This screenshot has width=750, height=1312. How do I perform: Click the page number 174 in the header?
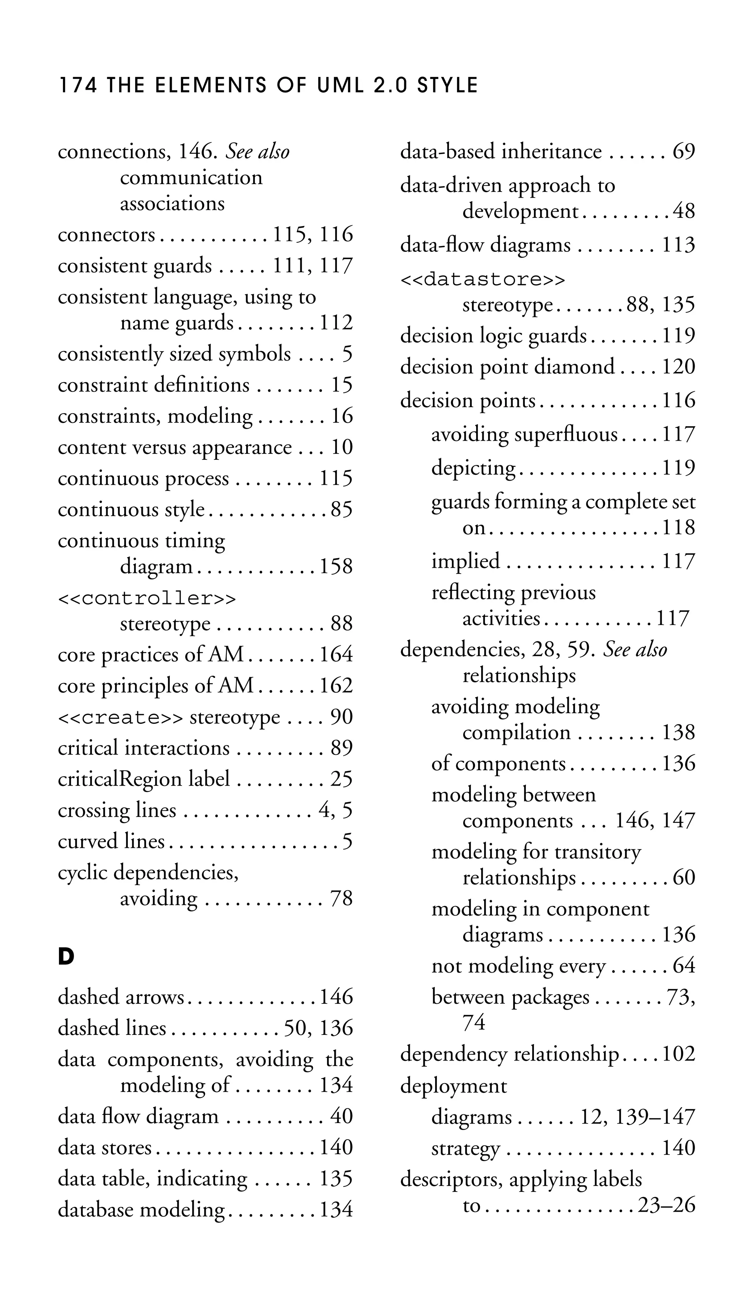coord(78,85)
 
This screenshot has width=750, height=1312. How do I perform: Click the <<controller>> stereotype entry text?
coord(147,598)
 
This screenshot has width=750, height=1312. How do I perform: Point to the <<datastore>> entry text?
coord(483,280)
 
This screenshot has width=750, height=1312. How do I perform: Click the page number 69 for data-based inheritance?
coord(684,152)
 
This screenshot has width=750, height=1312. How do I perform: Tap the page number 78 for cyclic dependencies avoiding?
coord(341,899)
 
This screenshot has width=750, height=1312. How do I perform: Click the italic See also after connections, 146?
coord(258,152)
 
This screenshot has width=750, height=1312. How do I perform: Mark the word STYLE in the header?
coord(448,85)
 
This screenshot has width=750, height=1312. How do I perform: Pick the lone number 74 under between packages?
coord(474,1022)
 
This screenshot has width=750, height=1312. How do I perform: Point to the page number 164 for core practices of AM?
coord(336,655)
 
